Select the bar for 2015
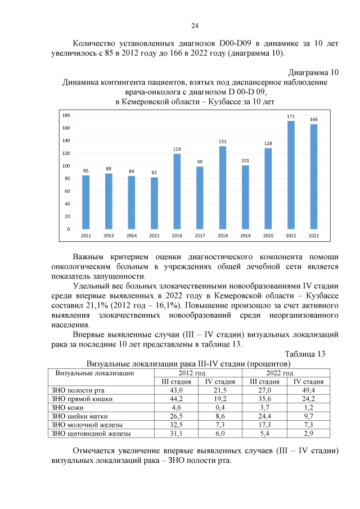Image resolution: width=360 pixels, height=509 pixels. click(x=154, y=203)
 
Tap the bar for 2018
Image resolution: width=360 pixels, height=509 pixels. click(x=223, y=187)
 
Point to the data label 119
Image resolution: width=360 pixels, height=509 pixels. click(x=177, y=149)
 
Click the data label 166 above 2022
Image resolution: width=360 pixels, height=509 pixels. click(x=314, y=119)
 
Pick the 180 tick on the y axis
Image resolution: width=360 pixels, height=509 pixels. click(x=66, y=115)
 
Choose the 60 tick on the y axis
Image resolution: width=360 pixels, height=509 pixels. click(x=66, y=191)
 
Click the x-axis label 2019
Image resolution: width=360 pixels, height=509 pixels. click(x=245, y=235)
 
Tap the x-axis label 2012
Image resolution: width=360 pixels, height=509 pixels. click(x=86, y=235)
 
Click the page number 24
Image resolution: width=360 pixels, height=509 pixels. click(x=195, y=26)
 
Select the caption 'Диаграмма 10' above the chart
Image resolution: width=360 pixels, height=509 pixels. click(x=313, y=72)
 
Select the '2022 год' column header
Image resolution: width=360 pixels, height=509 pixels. click(x=280, y=373)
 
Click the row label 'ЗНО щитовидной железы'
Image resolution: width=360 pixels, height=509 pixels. click(x=91, y=434)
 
